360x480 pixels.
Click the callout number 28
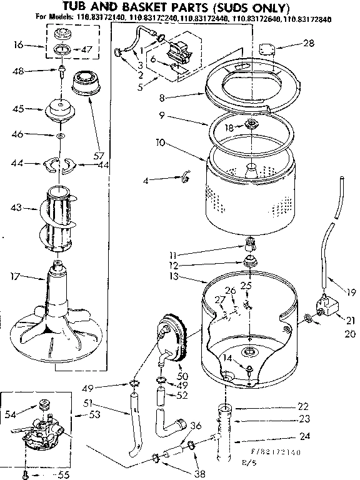(307, 43)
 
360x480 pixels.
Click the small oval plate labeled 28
(268, 47)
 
